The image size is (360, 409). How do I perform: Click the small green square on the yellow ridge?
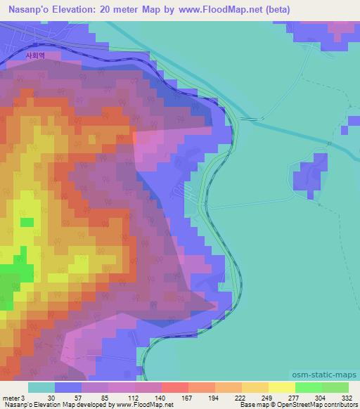(27, 222)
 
